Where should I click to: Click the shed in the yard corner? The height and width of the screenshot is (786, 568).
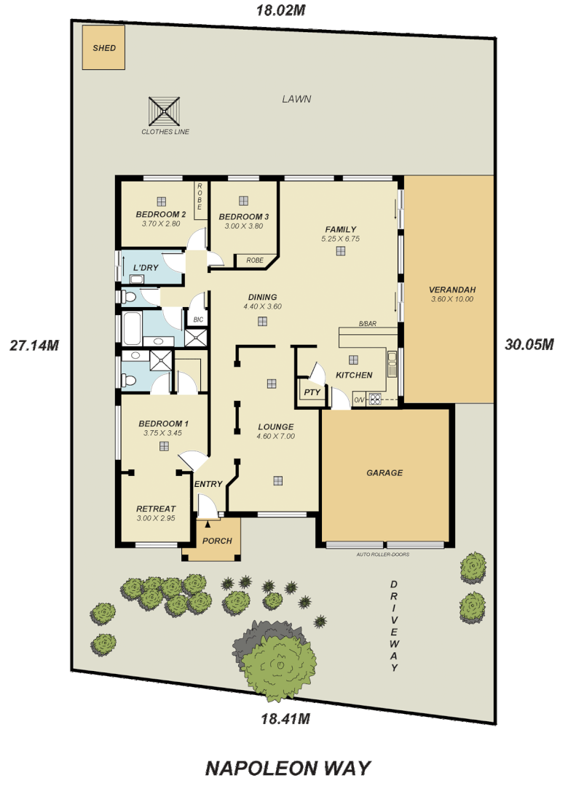[103, 48]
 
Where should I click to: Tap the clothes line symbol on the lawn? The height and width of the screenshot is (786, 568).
[165, 112]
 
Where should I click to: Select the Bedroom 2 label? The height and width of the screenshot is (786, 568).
[161, 215]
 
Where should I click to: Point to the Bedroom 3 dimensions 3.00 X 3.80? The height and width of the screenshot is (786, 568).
[243, 226]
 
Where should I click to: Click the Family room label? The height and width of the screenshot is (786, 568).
[340, 229]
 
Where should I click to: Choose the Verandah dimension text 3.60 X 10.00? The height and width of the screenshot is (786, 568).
[451, 299]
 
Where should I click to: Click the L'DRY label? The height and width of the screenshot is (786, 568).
[146, 268]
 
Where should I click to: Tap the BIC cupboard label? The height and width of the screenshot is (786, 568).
[197, 319]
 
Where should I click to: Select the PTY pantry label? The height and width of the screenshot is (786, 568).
[312, 392]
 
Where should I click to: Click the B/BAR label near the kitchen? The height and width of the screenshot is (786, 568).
[367, 325]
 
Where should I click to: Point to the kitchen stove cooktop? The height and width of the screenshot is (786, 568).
[376, 398]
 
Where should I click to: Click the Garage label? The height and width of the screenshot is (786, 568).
[384, 473]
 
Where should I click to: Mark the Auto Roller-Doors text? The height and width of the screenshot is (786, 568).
[383, 555]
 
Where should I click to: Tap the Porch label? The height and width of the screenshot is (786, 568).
[217, 541]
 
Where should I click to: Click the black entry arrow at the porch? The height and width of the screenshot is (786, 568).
[208, 523]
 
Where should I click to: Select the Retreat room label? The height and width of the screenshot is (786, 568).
[156, 509]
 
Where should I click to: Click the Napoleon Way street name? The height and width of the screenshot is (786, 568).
[288, 768]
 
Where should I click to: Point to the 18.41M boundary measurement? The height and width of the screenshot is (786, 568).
[285, 719]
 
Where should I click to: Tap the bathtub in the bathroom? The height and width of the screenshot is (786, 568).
[132, 328]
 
